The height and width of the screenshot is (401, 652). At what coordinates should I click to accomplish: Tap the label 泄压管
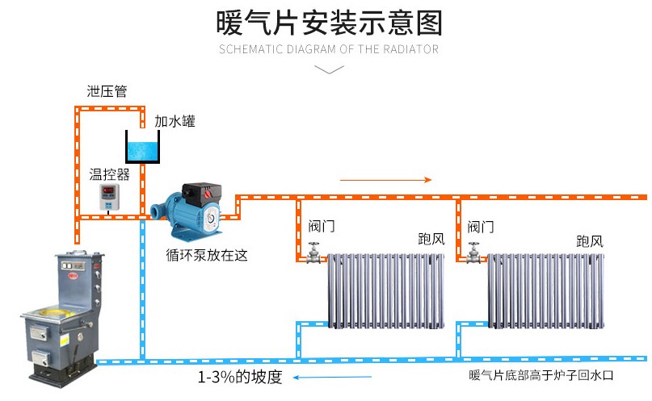click(107, 91)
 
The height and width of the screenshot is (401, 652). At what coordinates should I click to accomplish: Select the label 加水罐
click(175, 122)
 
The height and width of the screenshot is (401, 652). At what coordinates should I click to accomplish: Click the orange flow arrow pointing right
click(385, 179)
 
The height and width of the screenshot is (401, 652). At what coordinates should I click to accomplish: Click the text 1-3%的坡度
click(240, 377)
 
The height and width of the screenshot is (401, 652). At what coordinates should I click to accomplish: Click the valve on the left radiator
click(313, 253)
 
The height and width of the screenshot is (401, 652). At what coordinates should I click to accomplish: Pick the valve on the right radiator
click(473, 253)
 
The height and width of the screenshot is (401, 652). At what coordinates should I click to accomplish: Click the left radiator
click(386, 290)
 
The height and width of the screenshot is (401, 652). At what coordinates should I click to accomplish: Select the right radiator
click(545, 290)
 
